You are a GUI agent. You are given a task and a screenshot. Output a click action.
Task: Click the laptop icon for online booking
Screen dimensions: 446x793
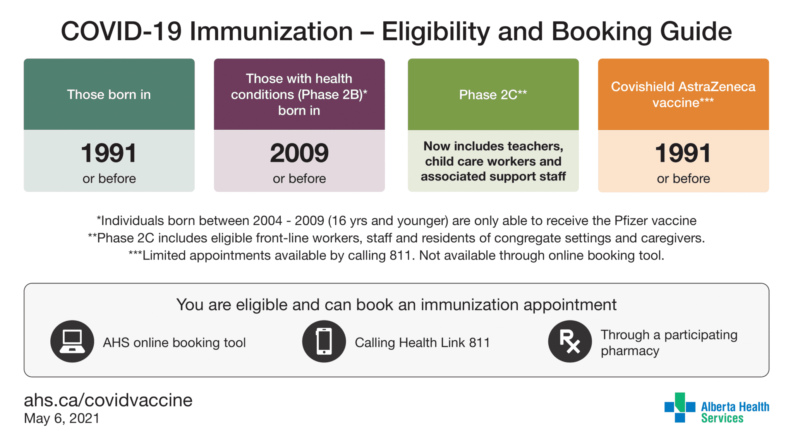72,341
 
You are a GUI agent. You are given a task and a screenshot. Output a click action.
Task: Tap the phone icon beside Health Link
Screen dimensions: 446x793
324,341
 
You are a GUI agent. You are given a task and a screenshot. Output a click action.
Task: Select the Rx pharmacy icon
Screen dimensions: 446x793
570,341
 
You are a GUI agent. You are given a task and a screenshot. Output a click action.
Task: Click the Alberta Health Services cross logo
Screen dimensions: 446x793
680,408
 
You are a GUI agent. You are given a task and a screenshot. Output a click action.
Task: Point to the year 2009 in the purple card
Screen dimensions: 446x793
299,153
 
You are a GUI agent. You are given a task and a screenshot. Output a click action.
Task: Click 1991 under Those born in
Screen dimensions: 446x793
109,153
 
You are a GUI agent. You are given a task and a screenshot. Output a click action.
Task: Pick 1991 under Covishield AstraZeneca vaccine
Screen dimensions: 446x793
683,153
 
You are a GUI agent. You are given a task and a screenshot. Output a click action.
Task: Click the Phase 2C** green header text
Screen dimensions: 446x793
493,94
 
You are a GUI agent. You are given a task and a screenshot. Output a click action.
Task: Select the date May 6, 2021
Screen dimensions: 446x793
62,419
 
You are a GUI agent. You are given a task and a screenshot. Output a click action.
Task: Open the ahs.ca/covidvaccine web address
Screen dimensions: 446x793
108,400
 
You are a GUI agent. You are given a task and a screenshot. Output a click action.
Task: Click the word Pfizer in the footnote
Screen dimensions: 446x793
631,221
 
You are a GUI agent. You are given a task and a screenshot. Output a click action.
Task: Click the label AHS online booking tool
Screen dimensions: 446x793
174,343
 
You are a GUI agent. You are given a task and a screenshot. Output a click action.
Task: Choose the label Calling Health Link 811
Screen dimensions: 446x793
422,343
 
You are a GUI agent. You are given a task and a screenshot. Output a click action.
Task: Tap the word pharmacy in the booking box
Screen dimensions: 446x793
630,351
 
